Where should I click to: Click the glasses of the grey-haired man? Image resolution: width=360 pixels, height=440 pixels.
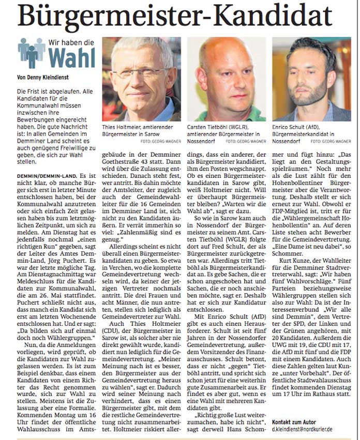(x=140, y=64)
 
